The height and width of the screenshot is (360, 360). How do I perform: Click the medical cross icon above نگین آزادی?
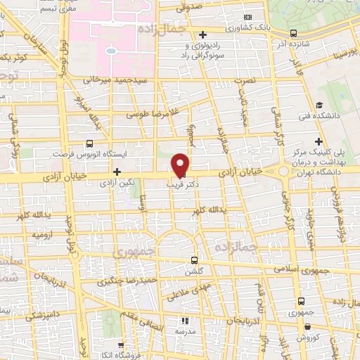pyautogui.click(x=117, y=172)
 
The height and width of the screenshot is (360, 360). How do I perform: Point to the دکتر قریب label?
pyautogui.click(x=181, y=185)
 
